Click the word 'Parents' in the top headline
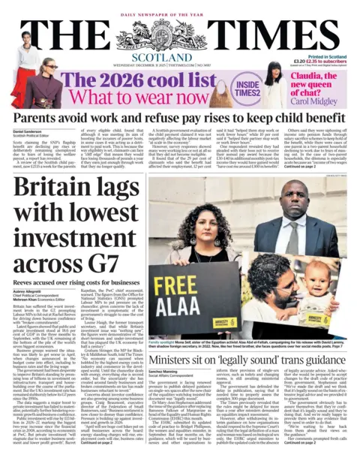pyautogui.click(x=40, y=119)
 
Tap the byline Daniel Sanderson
pyautogui.click(x=29, y=132)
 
